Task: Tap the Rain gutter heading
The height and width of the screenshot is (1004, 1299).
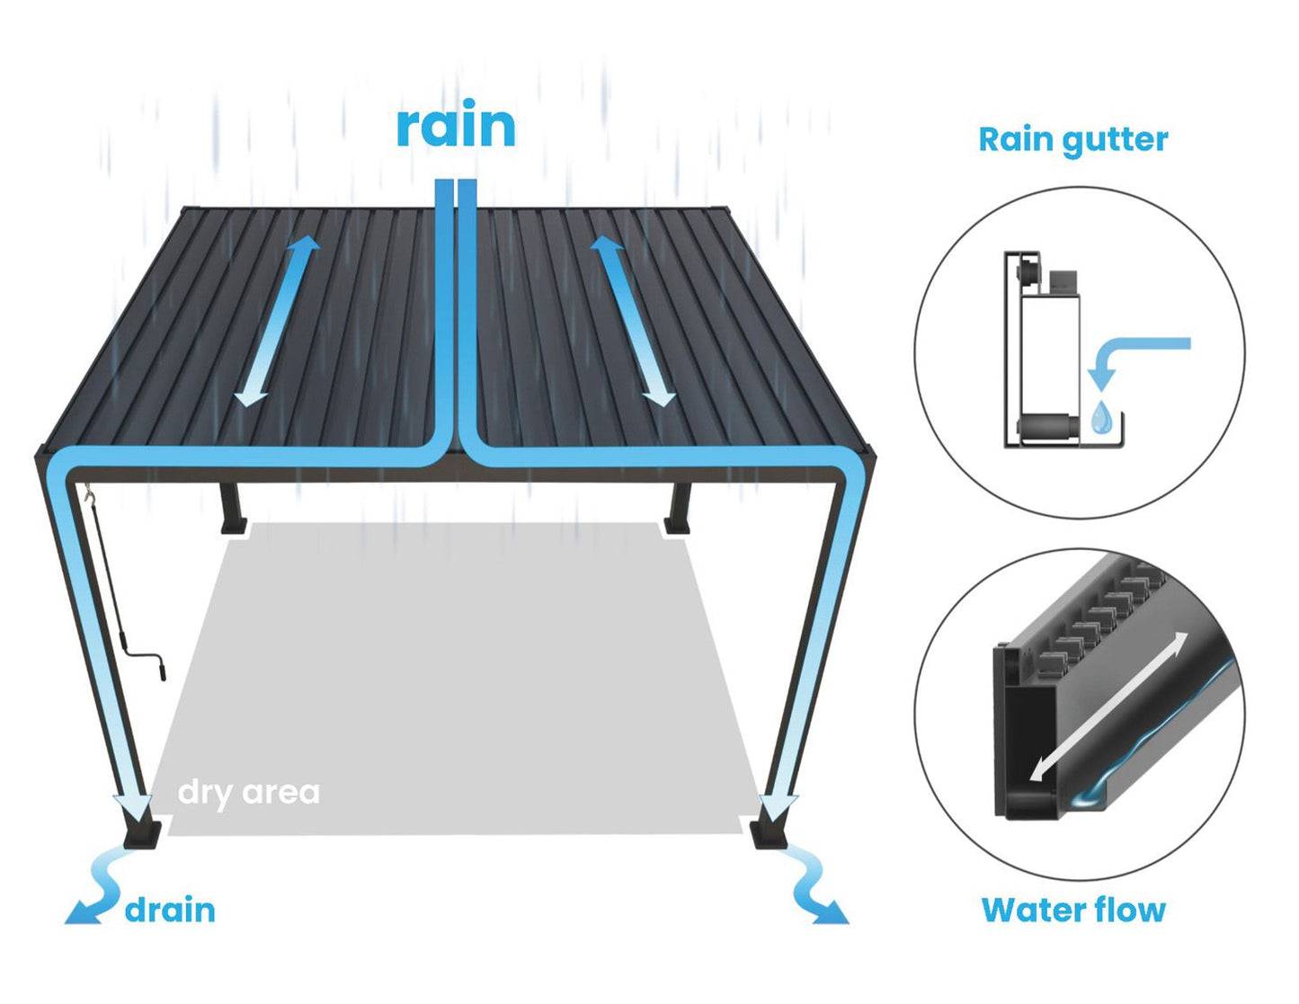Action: click(x=1073, y=141)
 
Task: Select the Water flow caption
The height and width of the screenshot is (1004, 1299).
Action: click(x=1073, y=910)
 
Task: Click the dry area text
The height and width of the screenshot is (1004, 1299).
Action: click(x=249, y=794)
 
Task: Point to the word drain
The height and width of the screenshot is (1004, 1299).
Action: click(x=170, y=911)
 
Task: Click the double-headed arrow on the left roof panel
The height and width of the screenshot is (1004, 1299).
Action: click(x=277, y=321)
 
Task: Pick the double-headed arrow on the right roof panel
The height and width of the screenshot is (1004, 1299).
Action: click(x=633, y=321)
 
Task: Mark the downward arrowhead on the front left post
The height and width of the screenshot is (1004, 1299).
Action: click(x=132, y=809)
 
